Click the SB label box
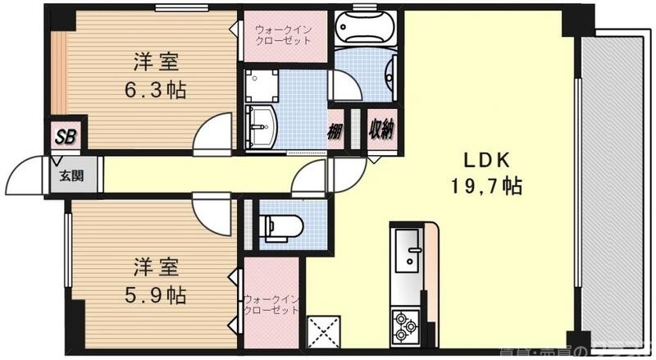coord(66,136)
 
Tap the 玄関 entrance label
coord(66,174)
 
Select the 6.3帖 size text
coord(156,89)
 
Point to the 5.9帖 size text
coord(156,294)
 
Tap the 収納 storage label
coord(381,130)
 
